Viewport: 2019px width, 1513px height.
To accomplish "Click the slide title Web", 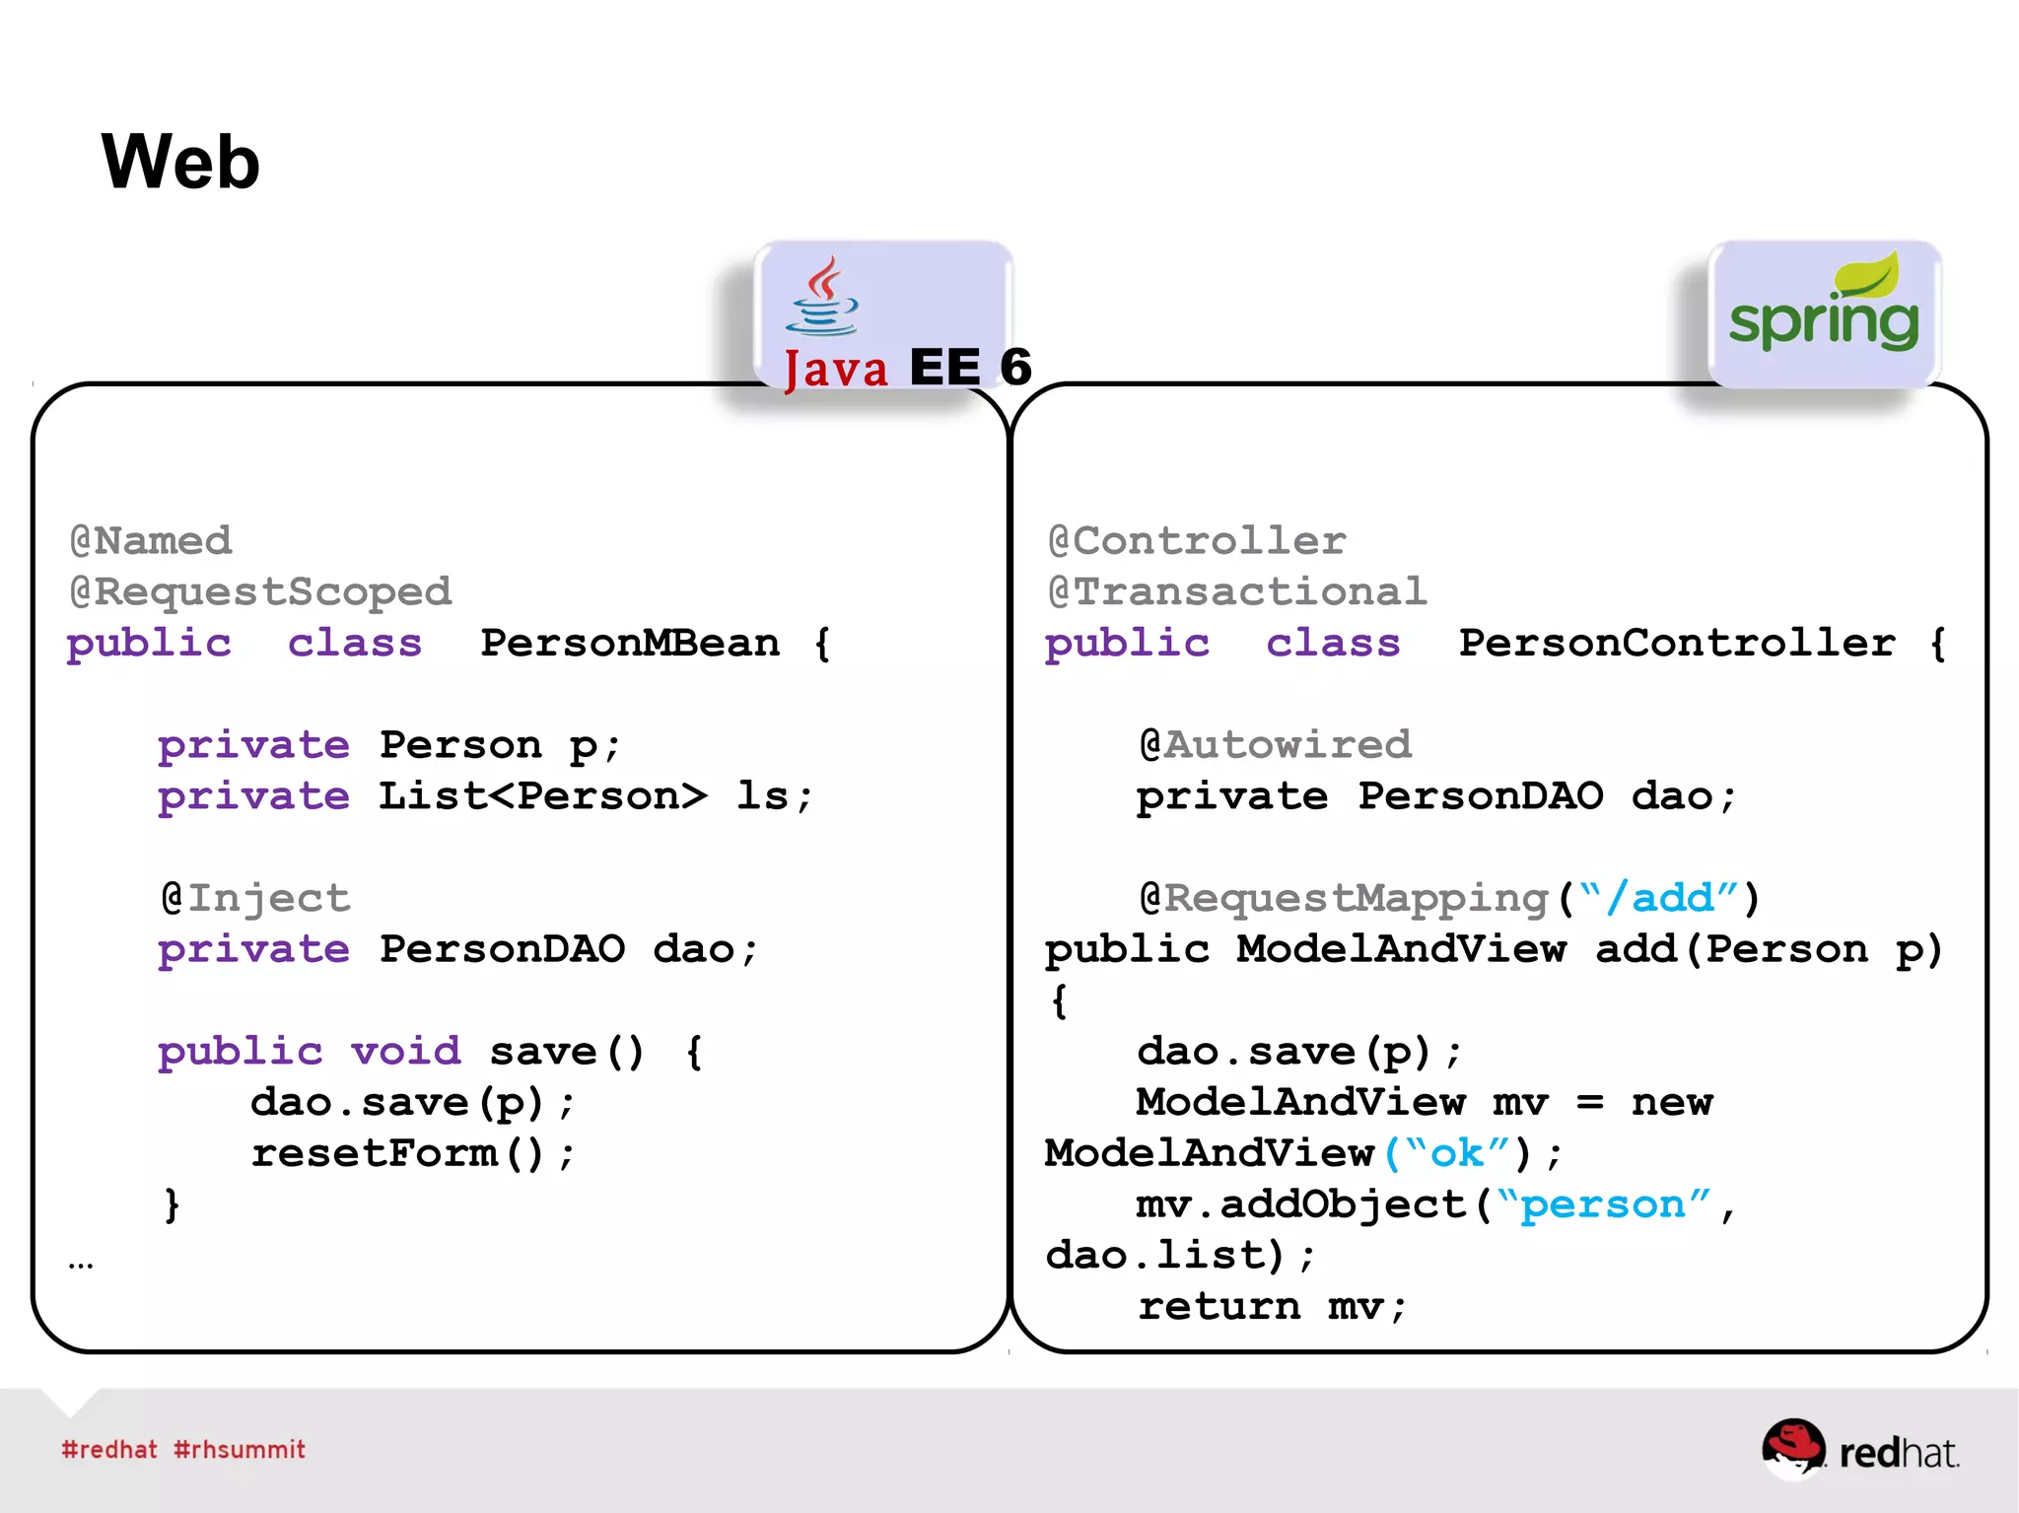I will [x=180, y=162].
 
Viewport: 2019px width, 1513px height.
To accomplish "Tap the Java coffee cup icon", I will [x=822, y=297].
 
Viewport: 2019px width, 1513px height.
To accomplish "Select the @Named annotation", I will [x=151, y=541].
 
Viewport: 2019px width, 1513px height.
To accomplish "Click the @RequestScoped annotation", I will [x=260, y=592].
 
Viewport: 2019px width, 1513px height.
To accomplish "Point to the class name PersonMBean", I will [x=630, y=644].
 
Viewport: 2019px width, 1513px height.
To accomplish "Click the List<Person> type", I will [x=543, y=796].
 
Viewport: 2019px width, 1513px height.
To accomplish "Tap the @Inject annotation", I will [x=255, y=898].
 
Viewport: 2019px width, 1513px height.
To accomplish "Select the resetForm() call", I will [x=412, y=1153].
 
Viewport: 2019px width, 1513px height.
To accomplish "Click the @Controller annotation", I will [x=1197, y=541].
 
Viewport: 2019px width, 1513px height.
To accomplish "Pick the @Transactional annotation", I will [x=1237, y=592].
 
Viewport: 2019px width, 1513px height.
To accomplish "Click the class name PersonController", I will [x=1677, y=644].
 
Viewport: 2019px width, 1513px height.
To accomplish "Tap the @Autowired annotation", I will [x=1276, y=745].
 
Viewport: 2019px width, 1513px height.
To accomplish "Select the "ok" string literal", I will [x=1457, y=1153].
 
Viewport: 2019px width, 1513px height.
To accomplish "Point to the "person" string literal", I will [x=1603, y=1204].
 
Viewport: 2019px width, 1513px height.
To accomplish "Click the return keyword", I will [x=1218, y=1307].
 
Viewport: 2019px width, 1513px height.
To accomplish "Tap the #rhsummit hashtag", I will [x=240, y=1450].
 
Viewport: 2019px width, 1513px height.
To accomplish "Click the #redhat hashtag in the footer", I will [x=109, y=1450].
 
